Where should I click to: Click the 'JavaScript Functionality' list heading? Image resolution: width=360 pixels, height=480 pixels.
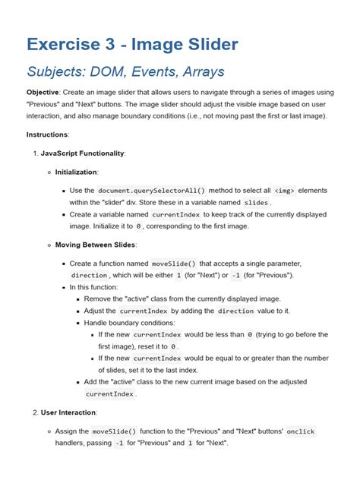coord(84,153)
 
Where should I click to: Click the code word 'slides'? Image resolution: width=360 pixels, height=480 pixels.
coord(256,203)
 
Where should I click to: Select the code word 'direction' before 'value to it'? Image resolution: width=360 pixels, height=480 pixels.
coord(241,311)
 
